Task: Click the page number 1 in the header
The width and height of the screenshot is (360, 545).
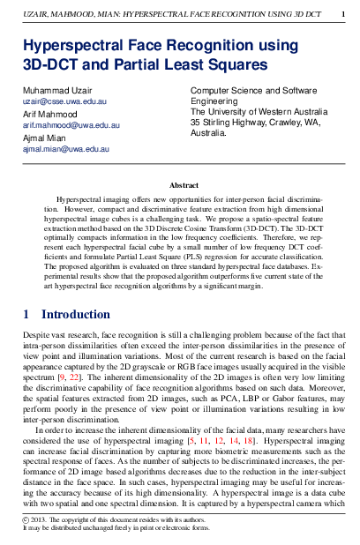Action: (342, 15)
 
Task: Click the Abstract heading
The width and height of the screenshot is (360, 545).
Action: (184, 186)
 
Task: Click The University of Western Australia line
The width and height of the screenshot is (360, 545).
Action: (259, 112)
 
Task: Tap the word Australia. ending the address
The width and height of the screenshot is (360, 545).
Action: (208, 133)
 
